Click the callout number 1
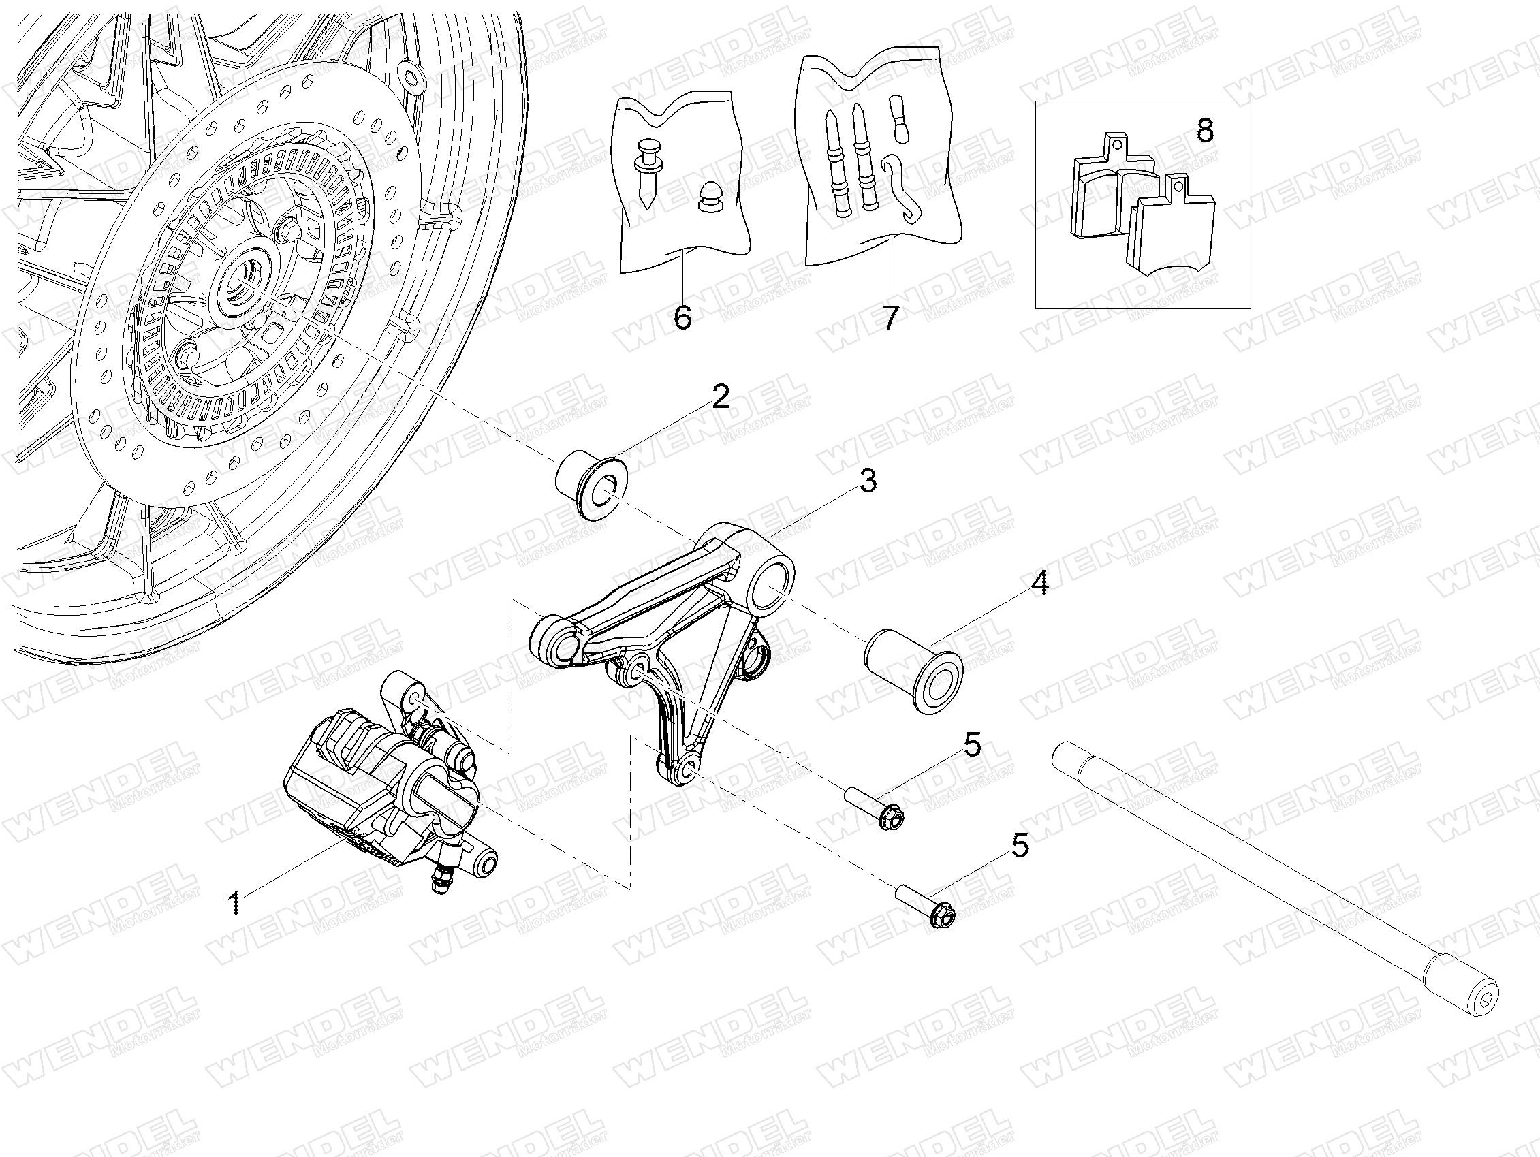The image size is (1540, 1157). pyautogui.click(x=235, y=904)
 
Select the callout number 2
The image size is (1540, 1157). pyautogui.click(x=721, y=396)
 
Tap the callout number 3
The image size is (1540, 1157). pyautogui.click(x=868, y=480)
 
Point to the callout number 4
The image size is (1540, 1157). pyautogui.click(x=1039, y=584)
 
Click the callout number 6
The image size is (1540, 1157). pyautogui.click(x=683, y=317)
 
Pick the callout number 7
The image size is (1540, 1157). pyautogui.click(x=890, y=317)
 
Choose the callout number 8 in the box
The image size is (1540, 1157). pyautogui.click(x=1205, y=130)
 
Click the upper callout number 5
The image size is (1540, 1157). pyautogui.click(x=973, y=745)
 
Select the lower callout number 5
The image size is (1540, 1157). pyautogui.click(x=1020, y=845)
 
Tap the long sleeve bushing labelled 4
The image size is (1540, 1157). pyautogui.click(x=913, y=661)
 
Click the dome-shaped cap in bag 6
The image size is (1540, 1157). pyautogui.click(x=710, y=198)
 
